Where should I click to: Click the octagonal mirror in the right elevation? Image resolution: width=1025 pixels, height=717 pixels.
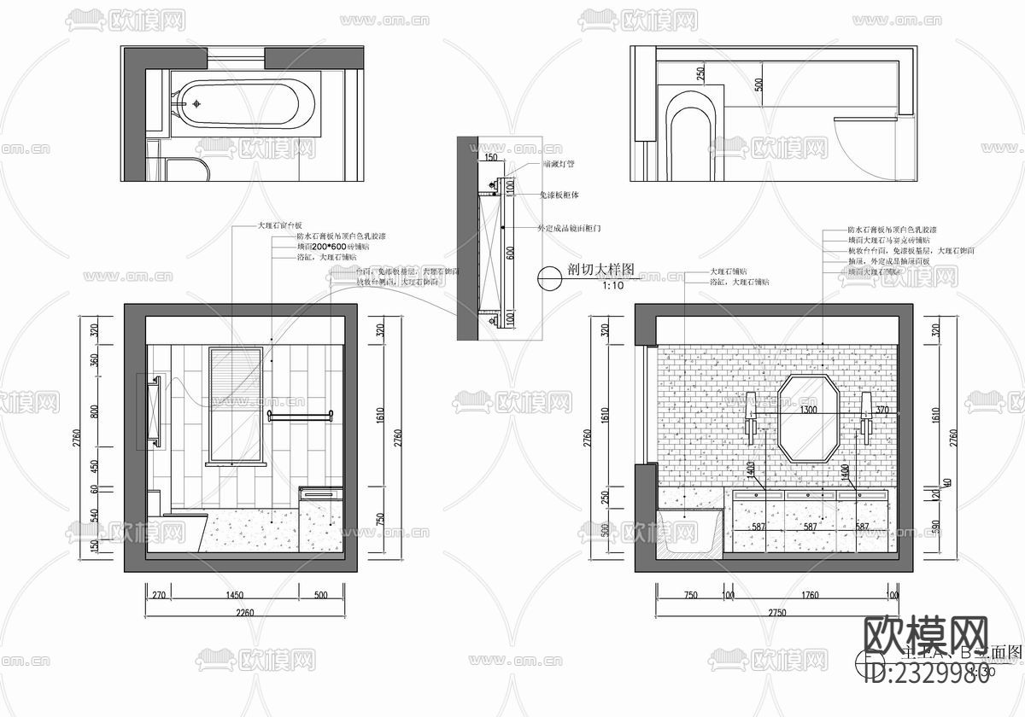(x=808, y=418)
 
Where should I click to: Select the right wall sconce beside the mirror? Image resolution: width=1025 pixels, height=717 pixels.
(x=866, y=417)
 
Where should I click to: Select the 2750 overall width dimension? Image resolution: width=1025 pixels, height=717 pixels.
(x=776, y=611)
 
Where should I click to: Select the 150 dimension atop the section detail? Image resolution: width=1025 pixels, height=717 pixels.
(x=490, y=158)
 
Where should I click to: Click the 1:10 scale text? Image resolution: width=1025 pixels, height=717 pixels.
(x=589, y=286)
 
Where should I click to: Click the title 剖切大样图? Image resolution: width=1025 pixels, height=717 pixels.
(x=600, y=269)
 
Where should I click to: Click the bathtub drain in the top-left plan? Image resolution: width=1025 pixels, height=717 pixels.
(x=196, y=103)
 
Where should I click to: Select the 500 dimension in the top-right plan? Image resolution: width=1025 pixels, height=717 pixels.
(x=758, y=84)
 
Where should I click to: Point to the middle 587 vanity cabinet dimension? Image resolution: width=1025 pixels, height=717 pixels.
(x=808, y=528)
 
